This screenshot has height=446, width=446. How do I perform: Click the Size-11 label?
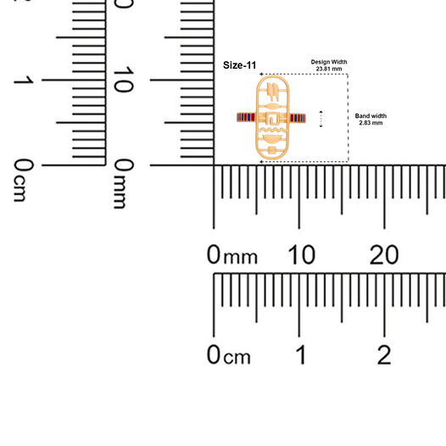239,65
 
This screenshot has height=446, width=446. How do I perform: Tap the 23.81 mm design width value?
329,69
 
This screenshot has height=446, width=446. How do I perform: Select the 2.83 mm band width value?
371,123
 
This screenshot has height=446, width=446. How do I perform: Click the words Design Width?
329,62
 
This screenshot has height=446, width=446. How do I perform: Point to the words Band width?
371,116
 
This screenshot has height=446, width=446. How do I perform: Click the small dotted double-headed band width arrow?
321,120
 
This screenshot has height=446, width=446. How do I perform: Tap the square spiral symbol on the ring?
273,119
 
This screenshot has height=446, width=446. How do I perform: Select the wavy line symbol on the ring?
272,130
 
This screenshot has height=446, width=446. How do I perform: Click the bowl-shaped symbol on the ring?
272,139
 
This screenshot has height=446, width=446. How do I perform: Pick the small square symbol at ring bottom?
272,150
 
